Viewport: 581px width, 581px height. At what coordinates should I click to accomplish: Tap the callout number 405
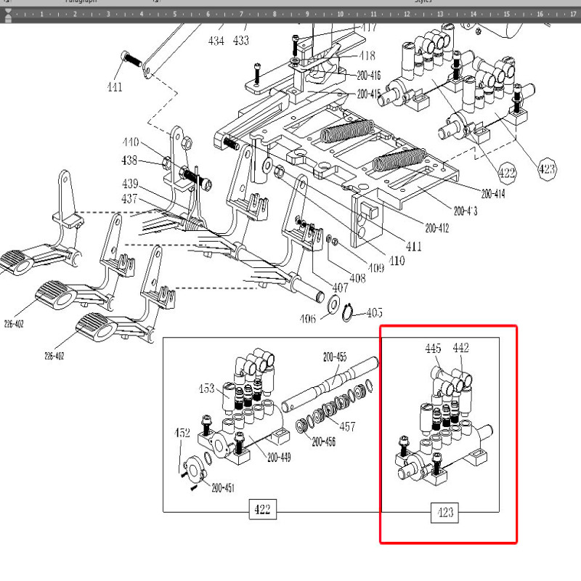coord(374,312)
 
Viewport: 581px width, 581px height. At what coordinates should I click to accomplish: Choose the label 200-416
coord(368,76)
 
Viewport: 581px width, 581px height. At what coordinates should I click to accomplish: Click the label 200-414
coord(492,194)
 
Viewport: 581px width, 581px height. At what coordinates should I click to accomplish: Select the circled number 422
coord(507,172)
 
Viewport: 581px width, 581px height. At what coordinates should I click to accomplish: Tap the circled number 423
coord(546,169)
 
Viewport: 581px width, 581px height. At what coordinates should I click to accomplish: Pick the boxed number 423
coord(445,513)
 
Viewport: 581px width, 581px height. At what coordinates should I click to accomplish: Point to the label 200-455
coord(335,357)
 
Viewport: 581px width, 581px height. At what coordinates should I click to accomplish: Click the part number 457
coord(348,426)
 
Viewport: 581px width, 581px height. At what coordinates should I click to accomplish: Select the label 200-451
coord(223,488)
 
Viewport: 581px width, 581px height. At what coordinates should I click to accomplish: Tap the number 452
coord(182,433)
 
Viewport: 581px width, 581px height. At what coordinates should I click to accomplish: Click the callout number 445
coord(433,349)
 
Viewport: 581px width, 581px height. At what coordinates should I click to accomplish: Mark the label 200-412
coord(438,228)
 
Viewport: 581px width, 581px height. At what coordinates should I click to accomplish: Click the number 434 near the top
coord(216,41)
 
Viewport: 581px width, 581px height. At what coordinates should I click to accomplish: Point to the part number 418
coord(367,56)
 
